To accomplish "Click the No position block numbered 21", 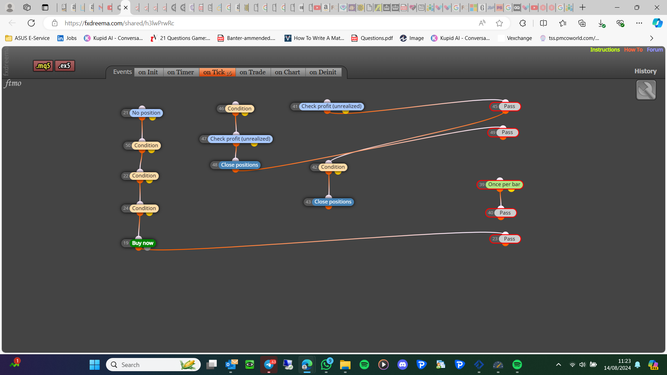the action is [142, 113].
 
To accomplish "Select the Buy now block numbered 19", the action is [139, 243].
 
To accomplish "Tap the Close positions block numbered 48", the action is [236, 165].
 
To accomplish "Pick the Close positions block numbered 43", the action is [329, 202].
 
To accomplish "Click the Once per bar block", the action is [500, 184].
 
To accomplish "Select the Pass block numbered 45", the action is [505, 106].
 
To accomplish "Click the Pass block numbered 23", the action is [505, 239].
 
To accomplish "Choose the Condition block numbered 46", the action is [236, 109].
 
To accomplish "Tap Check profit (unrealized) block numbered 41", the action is [327, 106].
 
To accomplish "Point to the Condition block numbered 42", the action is [329, 167].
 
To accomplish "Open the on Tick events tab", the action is [217, 72].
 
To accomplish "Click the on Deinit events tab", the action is [323, 72].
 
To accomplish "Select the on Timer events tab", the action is [181, 72].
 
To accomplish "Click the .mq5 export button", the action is [43, 66].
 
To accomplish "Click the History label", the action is [645, 71].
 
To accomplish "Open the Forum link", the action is [655, 50].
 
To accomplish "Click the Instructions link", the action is [605, 50].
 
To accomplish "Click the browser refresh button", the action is [31, 23].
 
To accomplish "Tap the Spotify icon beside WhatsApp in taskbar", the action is [364, 365].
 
